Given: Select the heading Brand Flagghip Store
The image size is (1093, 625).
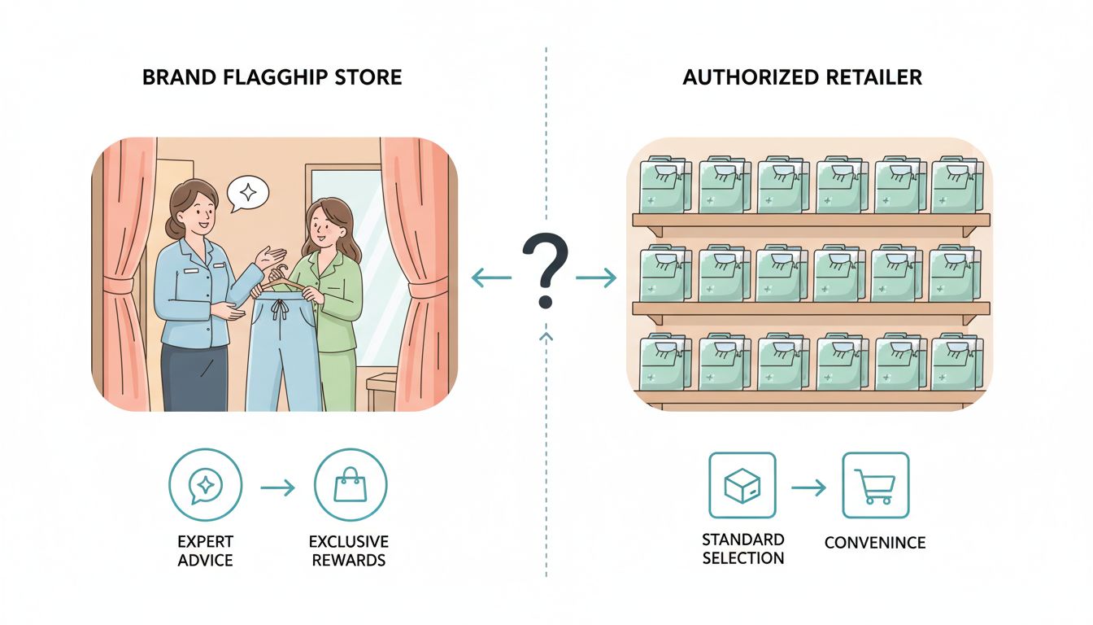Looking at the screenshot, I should tap(272, 78).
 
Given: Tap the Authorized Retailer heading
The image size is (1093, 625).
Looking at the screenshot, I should tap(802, 78).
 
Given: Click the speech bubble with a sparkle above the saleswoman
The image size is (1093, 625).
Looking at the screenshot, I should tap(248, 194).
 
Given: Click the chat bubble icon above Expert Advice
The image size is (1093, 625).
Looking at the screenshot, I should tap(205, 486).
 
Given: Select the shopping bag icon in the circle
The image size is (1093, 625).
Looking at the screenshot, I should tap(351, 486).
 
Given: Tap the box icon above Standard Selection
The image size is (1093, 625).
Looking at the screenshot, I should tap(742, 486).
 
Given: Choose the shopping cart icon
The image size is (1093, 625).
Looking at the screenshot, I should tap(875, 486).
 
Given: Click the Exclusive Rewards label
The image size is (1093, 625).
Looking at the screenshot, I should tap(349, 551).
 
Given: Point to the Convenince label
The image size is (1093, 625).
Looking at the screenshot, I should tap(874, 543).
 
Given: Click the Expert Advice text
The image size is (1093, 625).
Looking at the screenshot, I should tap(205, 551).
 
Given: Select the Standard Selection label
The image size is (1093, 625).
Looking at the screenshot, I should tap(743, 549).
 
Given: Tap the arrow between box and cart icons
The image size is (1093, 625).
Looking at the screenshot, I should tap(808, 487).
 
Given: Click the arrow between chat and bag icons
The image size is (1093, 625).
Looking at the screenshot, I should tap(277, 488).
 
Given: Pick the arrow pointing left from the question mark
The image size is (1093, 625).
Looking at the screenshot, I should tap(491, 279).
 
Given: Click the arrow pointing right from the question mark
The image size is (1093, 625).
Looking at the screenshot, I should tap(596, 279).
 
